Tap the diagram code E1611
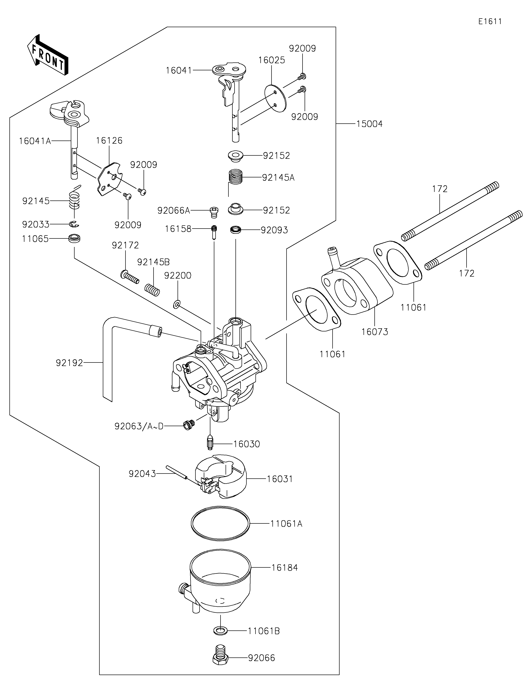point(490,22)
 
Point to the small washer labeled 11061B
point(220,631)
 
